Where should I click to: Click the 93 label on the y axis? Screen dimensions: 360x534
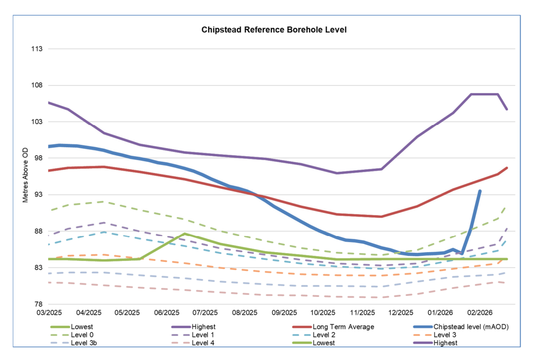coord(39,195)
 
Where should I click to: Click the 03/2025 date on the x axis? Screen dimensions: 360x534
coord(49,313)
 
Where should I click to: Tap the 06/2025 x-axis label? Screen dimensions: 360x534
coord(166,313)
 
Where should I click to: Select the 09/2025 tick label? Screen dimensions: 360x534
coord(284,313)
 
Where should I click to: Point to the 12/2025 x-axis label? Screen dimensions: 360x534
coord(401,313)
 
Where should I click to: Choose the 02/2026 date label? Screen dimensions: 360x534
coord(479,313)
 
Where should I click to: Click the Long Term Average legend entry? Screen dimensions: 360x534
coord(343,327)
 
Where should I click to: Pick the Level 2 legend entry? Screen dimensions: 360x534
coord(323,335)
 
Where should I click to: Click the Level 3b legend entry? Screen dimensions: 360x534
coord(83,343)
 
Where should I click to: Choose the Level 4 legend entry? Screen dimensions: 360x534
coord(203,343)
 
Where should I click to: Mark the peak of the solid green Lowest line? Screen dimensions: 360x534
coord(184,233)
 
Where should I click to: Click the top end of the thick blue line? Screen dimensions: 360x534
coord(480,191)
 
